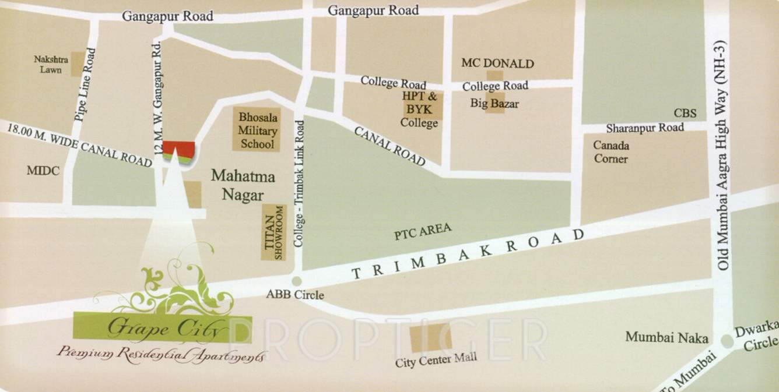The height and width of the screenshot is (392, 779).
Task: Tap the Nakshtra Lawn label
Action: point(51,64)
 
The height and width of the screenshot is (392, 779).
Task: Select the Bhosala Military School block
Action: point(257,130)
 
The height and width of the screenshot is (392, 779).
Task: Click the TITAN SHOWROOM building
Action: point(273,232)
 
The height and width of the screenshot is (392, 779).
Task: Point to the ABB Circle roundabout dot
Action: point(297,281)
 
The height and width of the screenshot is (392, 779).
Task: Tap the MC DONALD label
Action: point(497,63)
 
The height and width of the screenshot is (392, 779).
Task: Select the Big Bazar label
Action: point(494,104)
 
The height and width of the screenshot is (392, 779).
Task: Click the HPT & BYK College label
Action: point(419,110)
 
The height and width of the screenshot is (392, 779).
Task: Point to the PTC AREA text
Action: point(422,231)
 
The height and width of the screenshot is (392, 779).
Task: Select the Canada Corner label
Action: point(610,151)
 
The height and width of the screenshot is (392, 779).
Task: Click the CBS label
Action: point(685,112)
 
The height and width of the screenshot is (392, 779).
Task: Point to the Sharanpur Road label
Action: point(644,128)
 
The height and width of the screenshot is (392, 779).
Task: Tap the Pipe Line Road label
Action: point(85,85)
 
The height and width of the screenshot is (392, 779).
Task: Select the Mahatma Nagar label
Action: point(242,185)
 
